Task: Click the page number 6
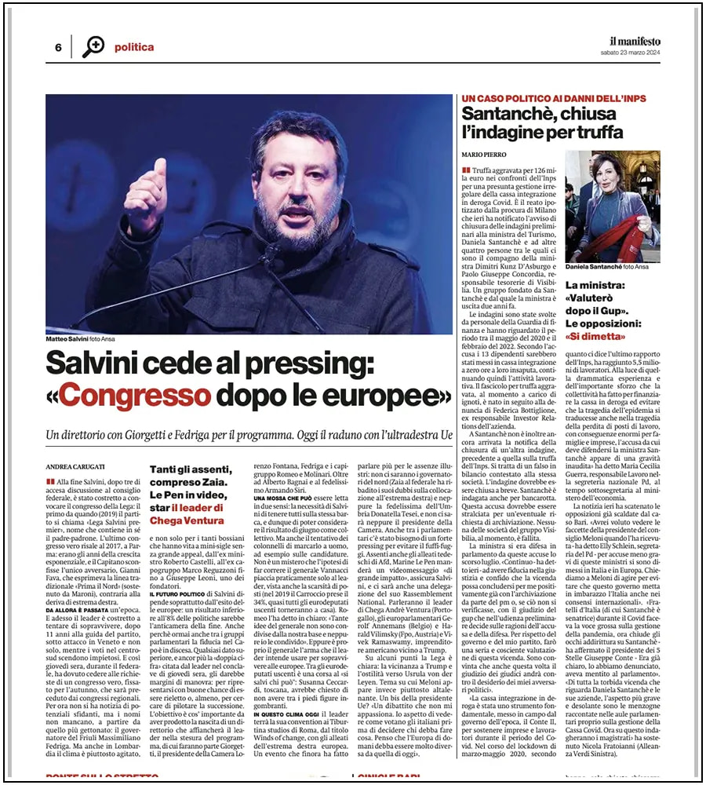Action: coord(58,47)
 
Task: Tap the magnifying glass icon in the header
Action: coord(93,47)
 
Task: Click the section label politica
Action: coord(134,47)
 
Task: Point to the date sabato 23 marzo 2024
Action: coord(630,53)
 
